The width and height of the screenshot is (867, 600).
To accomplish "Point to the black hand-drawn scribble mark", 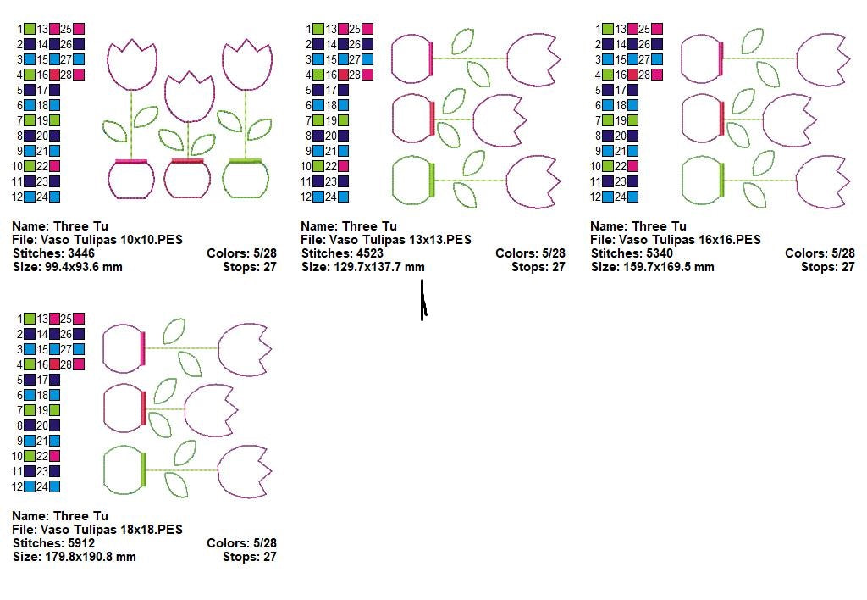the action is pos(423,300).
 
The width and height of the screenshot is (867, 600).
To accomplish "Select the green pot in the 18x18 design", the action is pos(125,470).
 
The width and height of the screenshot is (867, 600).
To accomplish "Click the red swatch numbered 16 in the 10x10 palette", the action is pos(55,75).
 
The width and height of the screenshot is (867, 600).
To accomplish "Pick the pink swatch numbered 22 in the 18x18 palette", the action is pos(55,456).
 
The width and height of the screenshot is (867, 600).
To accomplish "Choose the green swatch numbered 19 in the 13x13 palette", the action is pos(344,120).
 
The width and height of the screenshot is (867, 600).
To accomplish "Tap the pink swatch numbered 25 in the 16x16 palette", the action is pos(657,29).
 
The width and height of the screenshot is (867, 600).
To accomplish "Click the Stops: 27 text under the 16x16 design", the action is pos(828,267).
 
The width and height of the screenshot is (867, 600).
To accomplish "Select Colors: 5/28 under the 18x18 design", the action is pos(241,543).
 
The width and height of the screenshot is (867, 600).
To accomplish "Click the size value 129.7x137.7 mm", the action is pos(378,267).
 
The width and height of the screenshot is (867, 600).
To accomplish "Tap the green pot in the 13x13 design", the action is pos(413,181).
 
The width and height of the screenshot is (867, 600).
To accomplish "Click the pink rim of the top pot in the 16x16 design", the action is pos(721,58).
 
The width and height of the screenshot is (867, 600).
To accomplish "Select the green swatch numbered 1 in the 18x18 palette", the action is pos(30,319).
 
